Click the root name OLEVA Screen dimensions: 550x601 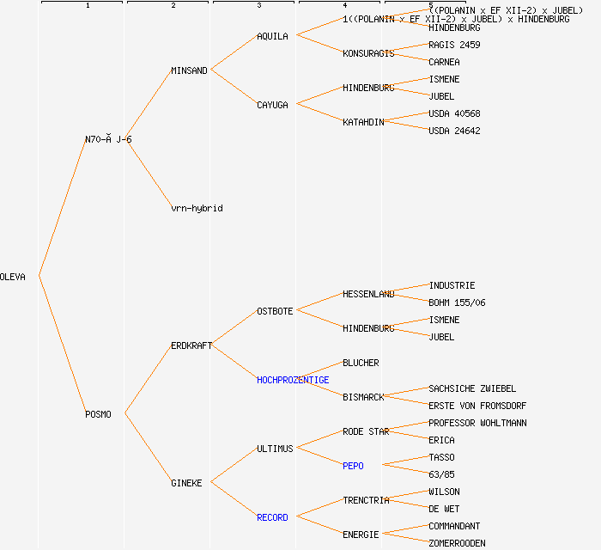(x=13, y=277)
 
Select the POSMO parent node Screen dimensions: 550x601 (x=98, y=414)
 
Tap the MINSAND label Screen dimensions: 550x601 (x=189, y=70)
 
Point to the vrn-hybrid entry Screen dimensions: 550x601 (x=197, y=208)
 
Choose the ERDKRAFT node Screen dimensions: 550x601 (x=191, y=345)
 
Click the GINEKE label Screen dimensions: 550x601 (x=186, y=483)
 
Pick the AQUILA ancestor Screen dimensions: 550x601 (x=272, y=36)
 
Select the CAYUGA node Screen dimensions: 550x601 (x=272, y=105)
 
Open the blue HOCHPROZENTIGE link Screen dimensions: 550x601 (x=293, y=380)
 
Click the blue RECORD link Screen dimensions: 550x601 (x=272, y=517)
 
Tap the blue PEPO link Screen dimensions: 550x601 (x=353, y=466)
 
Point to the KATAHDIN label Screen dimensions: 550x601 (x=363, y=122)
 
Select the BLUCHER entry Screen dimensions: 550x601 (x=361, y=363)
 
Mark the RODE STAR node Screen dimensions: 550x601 (x=366, y=431)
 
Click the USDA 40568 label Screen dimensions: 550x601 (x=454, y=113)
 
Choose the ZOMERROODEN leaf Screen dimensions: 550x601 (x=457, y=543)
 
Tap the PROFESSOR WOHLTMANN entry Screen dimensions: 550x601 (x=477, y=423)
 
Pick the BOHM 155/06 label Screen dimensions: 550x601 (x=457, y=302)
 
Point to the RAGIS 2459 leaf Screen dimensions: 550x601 (x=454, y=45)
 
